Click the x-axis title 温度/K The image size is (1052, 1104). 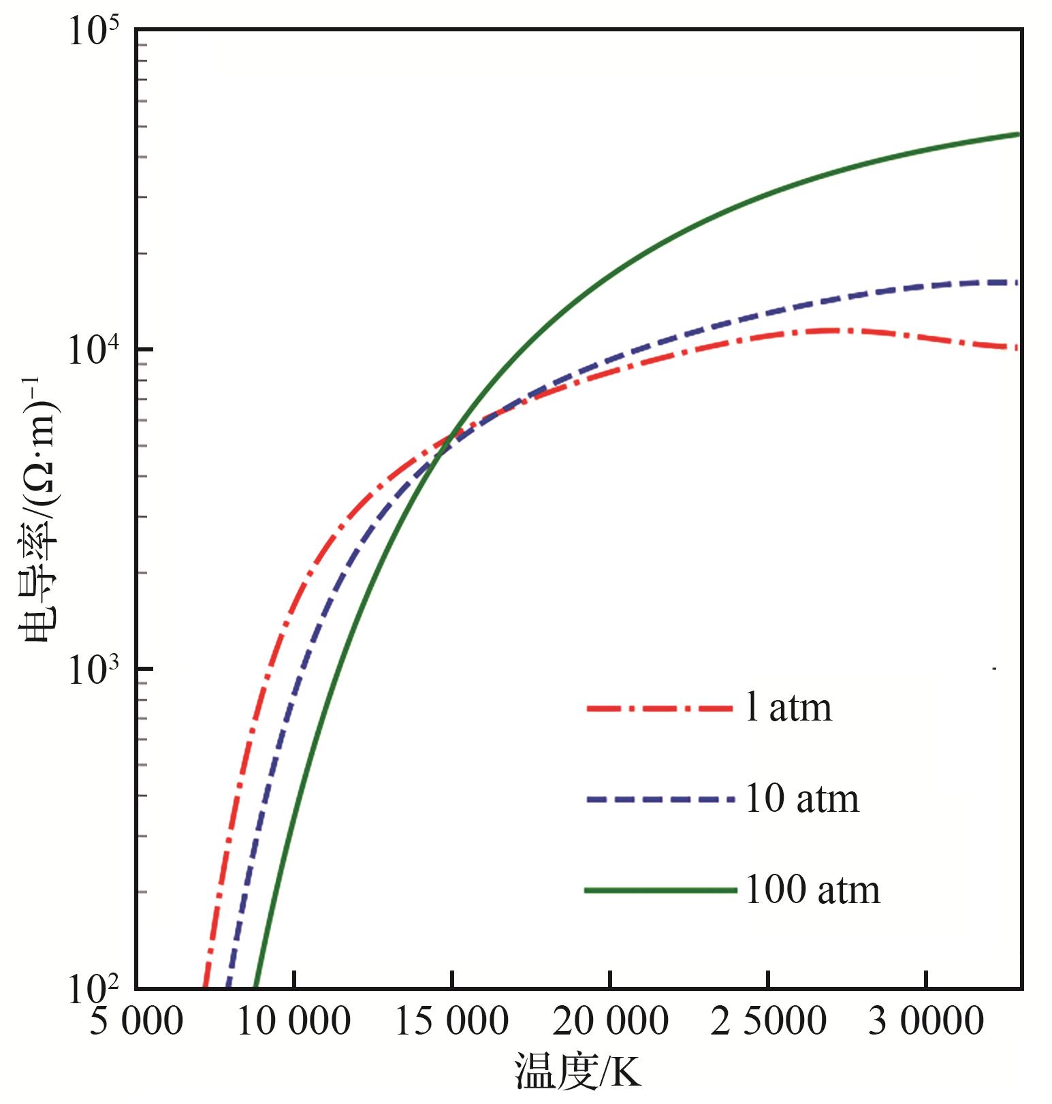[577, 1074]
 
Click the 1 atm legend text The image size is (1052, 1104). [788, 708]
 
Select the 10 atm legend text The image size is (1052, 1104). [802, 799]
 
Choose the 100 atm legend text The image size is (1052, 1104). [813, 889]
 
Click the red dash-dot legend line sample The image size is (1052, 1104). [660, 708]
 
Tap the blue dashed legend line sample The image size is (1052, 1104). [660, 800]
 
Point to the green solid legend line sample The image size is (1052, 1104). [660, 889]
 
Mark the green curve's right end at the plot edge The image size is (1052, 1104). [1019, 134]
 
